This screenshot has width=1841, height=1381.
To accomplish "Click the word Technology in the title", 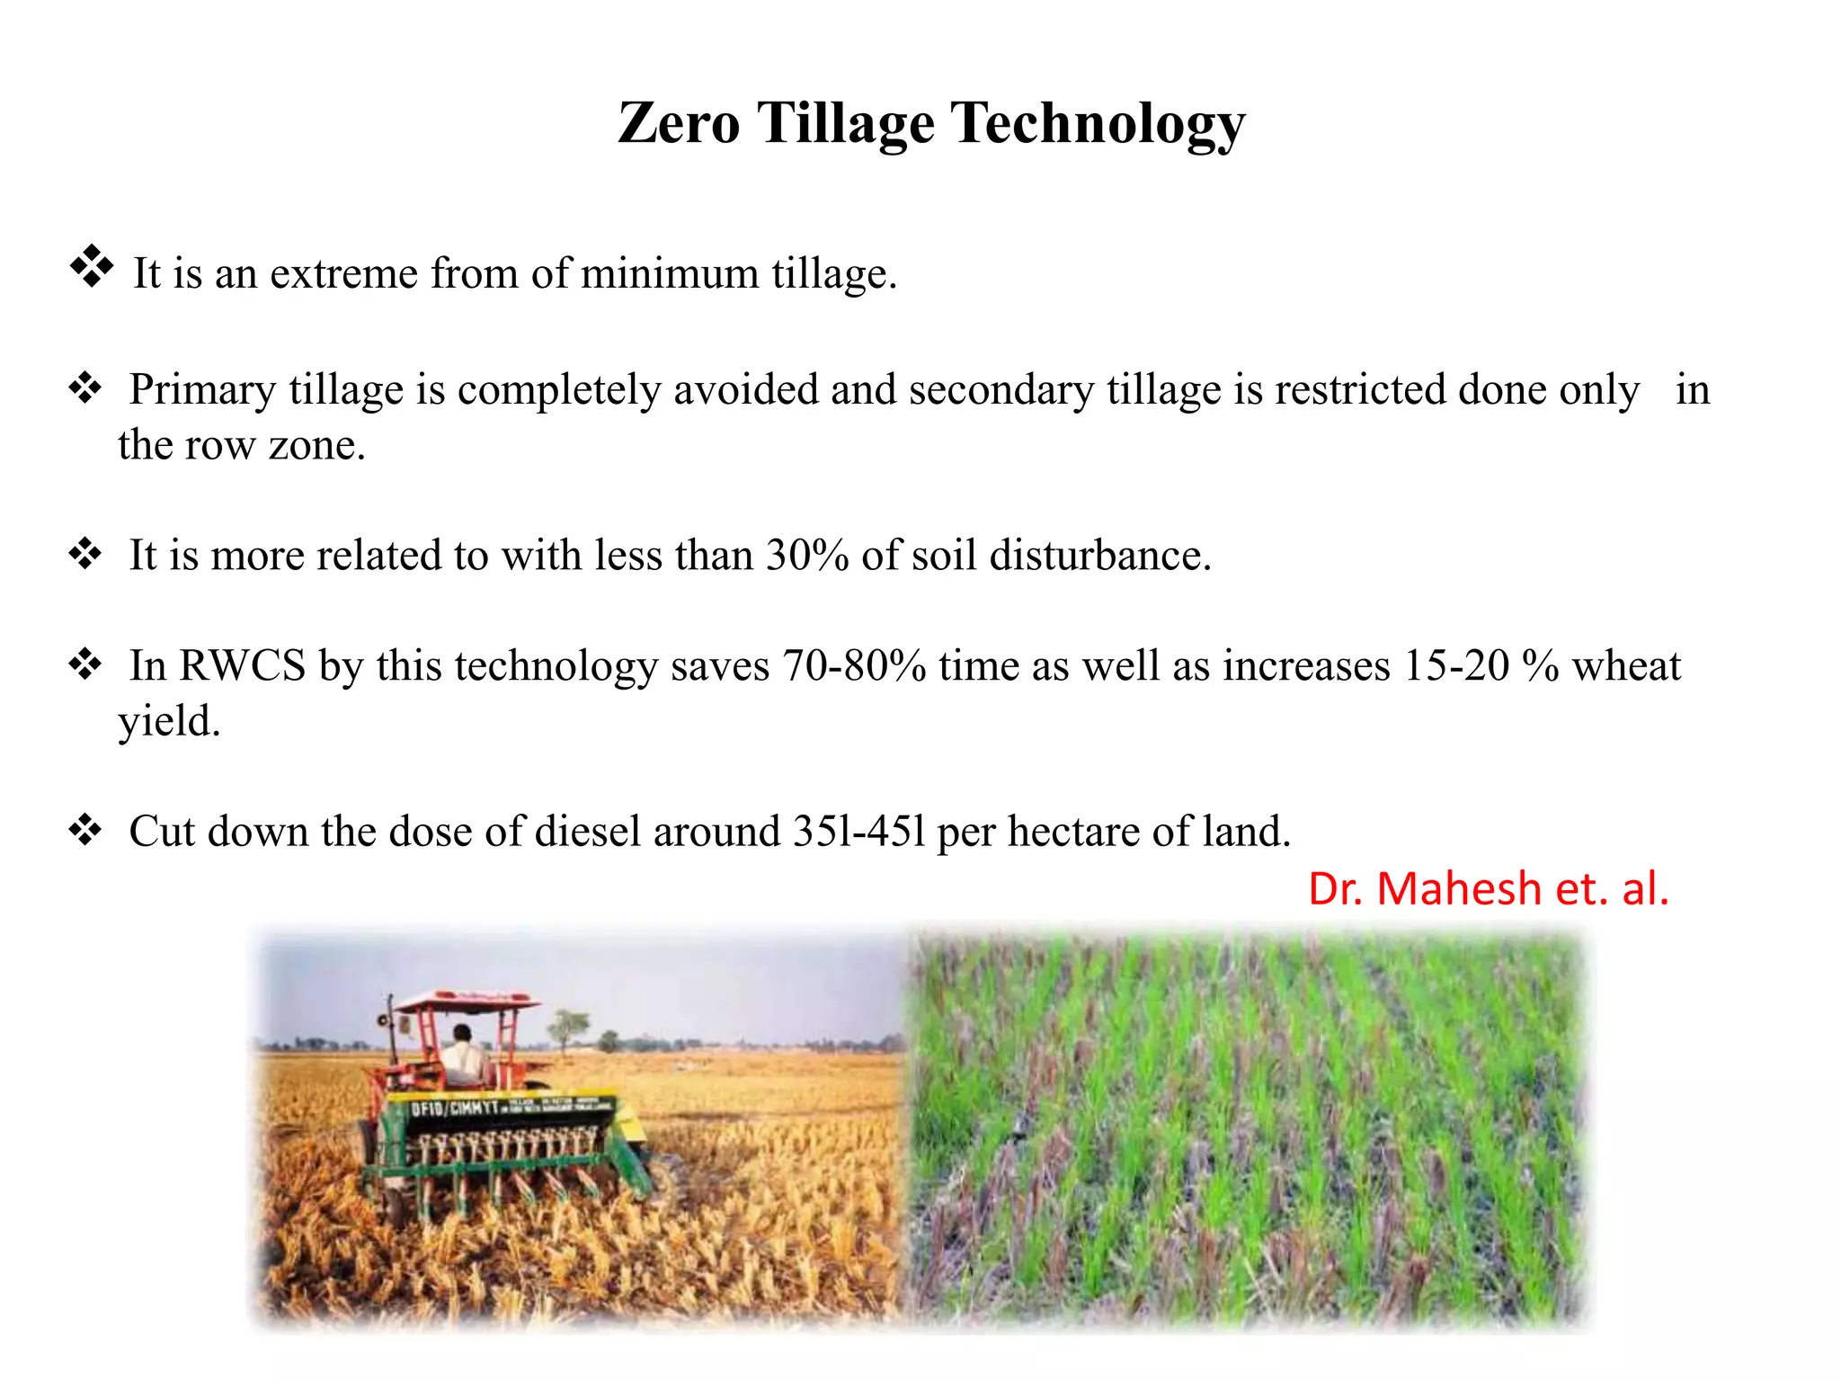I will point(1098,124).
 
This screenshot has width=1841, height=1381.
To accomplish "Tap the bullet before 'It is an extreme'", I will point(91,266).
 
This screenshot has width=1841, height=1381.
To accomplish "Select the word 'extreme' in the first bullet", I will point(343,273).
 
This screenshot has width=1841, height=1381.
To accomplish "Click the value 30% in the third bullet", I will point(806,555).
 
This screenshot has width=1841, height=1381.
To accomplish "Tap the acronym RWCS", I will point(242,666).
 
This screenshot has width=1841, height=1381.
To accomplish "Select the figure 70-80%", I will point(853,666).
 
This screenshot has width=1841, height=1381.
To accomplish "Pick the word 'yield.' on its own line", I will point(169,721).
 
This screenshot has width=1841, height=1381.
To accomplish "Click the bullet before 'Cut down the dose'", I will point(84,829).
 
